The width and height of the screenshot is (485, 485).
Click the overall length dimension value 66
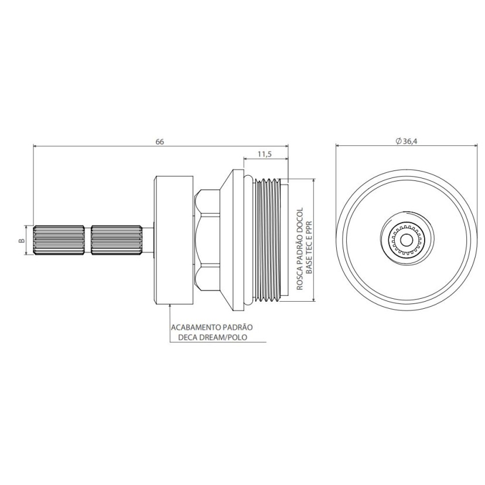point(159,142)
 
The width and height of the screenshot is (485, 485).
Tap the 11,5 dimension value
point(264,154)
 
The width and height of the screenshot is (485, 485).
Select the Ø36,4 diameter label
point(406,141)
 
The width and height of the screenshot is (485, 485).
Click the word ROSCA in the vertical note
point(299,279)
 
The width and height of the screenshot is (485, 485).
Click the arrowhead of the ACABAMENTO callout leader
point(170,306)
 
